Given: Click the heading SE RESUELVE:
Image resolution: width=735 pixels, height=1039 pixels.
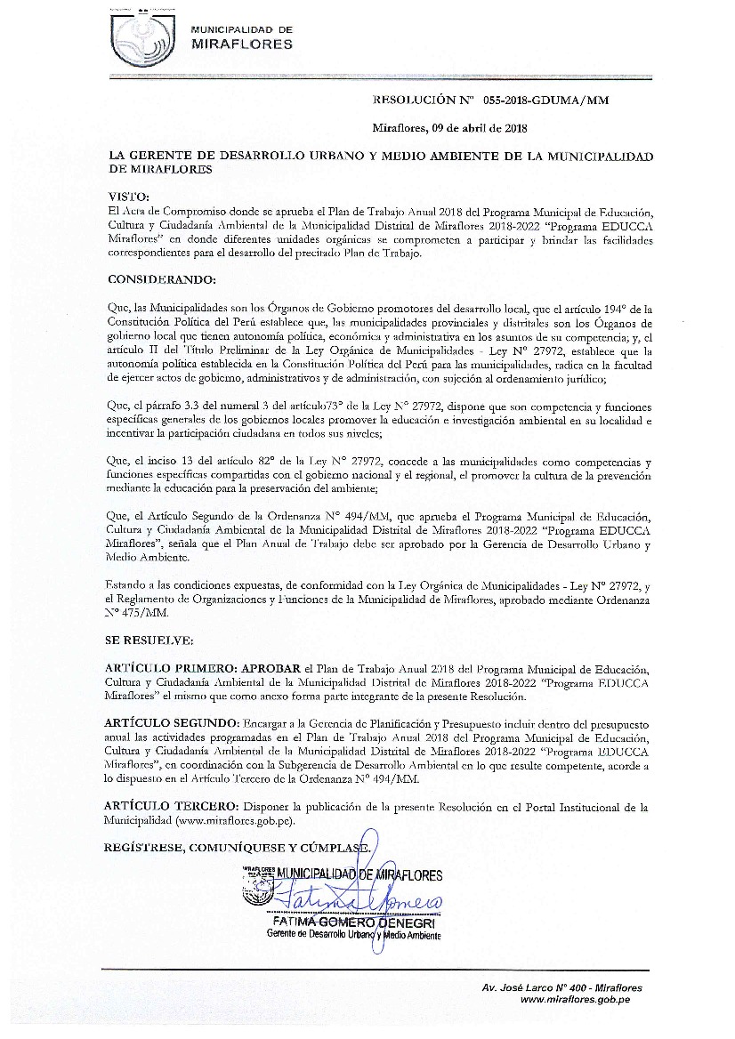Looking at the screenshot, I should pos(148,640).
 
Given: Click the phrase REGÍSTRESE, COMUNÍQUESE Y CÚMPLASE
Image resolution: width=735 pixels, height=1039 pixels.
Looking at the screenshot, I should pos(237,848).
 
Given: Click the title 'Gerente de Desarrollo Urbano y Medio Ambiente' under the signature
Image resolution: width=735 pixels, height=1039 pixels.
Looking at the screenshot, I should pos(353,935).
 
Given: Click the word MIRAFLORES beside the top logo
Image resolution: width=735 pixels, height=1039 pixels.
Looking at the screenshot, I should pos(241,44).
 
